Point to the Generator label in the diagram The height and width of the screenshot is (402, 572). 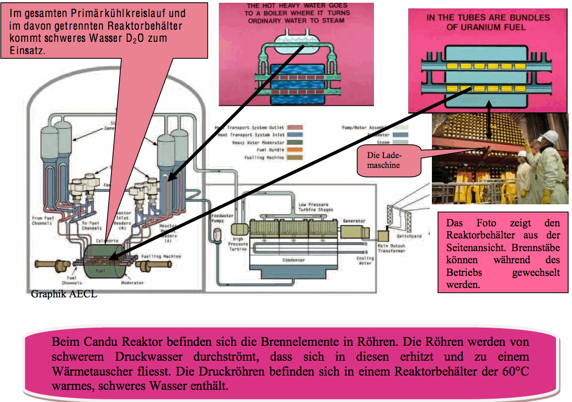(354, 221)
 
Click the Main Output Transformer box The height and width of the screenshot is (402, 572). (383, 236)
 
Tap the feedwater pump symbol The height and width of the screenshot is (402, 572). (217, 236)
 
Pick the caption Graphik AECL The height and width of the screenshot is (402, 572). (64, 294)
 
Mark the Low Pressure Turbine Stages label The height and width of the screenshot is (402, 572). (316, 207)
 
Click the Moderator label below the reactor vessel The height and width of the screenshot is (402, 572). (132, 283)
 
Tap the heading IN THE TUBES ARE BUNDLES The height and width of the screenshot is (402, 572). (488, 18)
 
